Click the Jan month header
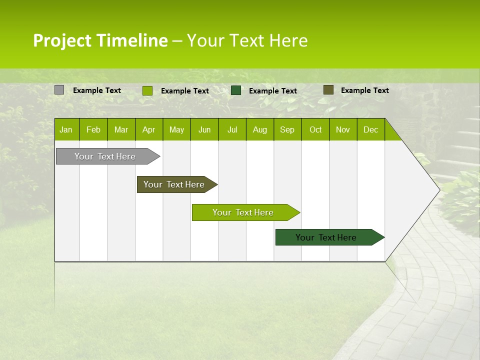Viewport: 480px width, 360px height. coord(66,129)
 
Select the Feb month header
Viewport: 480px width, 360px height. coord(93,129)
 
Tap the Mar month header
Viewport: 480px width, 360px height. coord(121,129)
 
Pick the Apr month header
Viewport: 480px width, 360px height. coord(149,129)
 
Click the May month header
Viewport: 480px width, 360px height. coord(176,129)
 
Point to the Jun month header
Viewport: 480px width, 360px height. coord(204,129)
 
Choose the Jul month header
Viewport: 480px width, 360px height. coord(232,129)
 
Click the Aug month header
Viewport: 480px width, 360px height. coord(260,129)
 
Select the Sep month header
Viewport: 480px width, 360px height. coord(287,129)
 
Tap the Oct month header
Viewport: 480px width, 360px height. coord(315,129)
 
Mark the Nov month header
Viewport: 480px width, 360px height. coord(343,129)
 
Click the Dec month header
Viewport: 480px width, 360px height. coord(371,129)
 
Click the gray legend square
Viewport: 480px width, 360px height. coord(59,90)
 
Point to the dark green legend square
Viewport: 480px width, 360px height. coord(236,90)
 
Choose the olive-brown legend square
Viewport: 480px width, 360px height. coord(328,90)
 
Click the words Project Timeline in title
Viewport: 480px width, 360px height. coord(100,40)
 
